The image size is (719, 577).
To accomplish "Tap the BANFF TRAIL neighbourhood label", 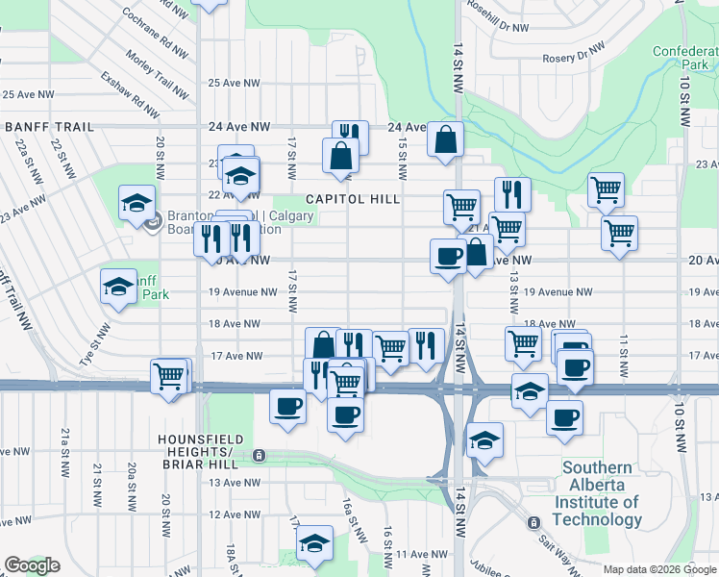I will pos(49,127).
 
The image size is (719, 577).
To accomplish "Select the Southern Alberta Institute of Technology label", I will pos(601,493).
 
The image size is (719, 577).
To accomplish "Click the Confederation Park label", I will pos(685,58).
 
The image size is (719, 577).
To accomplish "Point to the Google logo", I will pos(32,565).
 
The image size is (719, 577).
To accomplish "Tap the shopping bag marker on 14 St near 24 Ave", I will pos(446,138).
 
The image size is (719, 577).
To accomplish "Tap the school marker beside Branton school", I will pos(137,203).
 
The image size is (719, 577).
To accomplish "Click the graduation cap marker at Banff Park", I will pos(119,286).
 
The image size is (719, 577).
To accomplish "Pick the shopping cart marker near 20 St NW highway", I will pos(169,376).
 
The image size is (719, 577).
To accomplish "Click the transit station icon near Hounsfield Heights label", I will pos(258,455).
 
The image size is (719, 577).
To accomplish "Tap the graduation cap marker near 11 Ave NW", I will pos(313,543).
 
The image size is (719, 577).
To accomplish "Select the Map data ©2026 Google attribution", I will pos(658,569).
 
